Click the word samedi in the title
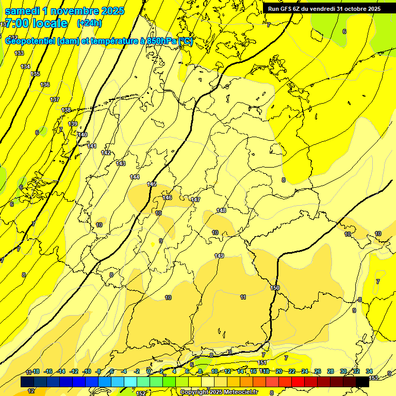22,11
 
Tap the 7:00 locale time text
36,23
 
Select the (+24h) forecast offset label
89,23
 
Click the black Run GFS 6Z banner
324,8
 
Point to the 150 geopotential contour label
275,288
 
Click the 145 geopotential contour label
152,184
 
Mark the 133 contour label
19,53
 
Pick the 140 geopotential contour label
82,135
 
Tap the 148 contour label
221,210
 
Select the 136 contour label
45,85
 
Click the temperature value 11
243,297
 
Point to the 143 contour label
121,163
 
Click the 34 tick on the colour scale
369,371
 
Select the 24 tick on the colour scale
304,371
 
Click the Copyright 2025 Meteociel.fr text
219,392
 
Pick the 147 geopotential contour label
195,200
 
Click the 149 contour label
219,256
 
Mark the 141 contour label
92,146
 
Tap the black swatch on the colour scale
362,382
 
